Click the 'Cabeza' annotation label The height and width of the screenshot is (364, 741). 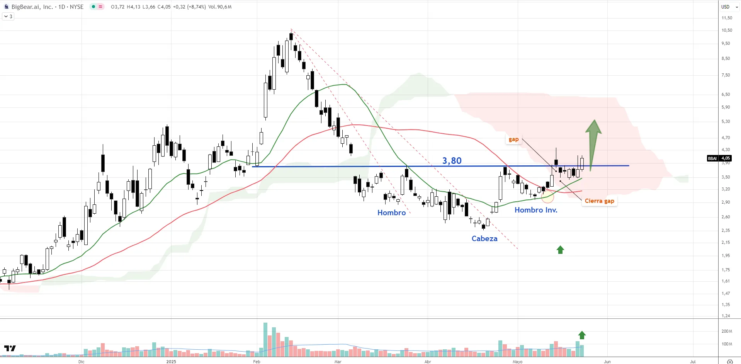(x=484, y=238)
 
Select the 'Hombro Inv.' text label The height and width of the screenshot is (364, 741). (x=535, y=210)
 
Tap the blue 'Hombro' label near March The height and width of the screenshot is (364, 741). (x=391, y=213)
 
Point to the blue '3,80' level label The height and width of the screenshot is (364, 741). (x=452, y=160)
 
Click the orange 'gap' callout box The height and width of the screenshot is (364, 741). (x=513, y=139)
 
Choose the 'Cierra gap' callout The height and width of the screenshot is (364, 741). (x=599, y=201)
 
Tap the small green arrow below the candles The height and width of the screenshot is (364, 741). (x=560, y=250)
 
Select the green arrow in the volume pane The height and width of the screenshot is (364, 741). (x=582, y=335)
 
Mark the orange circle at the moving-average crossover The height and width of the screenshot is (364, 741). (x=547, y=197)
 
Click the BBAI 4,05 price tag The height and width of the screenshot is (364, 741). (x=719, y=158)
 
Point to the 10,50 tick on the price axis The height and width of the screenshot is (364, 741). (x=726, y=30)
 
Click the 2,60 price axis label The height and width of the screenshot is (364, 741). (x=726, y=217)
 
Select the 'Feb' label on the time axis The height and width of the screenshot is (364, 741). (x=257, y=362)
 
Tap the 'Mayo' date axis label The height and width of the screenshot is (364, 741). (x=517, y=362)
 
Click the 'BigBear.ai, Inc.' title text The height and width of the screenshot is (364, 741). (x=32, y=7)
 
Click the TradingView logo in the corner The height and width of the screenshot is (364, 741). (x=10, y=348)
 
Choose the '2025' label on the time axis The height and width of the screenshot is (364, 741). (x=171, y=362)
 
